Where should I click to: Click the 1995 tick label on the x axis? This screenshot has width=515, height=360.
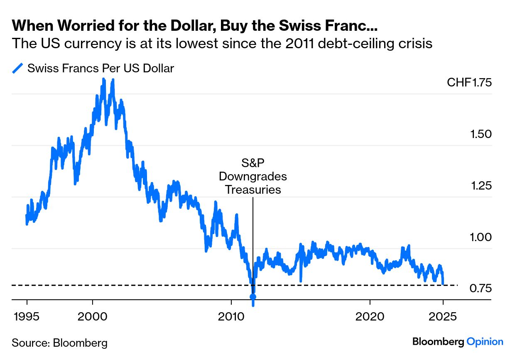(27, 316)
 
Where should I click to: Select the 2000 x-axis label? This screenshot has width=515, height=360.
(93, 316)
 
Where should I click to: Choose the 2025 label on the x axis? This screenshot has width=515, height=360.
(443, 316)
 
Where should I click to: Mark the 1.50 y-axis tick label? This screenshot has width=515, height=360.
(481, 134)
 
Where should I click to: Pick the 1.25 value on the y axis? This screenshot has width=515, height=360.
(481, 186)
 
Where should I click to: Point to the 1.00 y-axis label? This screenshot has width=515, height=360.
(481, 237)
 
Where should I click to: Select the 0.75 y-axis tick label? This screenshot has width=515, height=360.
(481, 288)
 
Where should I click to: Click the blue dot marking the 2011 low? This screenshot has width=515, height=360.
(253, 297)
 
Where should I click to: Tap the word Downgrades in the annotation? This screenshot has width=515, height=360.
(253, 176)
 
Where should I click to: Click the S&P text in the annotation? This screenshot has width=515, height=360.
(253, 163)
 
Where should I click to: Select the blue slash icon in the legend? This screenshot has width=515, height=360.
(17, 68)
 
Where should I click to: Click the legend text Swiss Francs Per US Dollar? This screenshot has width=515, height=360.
(101, 68)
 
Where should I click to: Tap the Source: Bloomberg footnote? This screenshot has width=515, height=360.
(60, 343)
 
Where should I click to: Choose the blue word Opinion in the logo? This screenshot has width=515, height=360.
(485, 342)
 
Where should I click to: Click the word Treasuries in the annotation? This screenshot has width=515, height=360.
(253, 190)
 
